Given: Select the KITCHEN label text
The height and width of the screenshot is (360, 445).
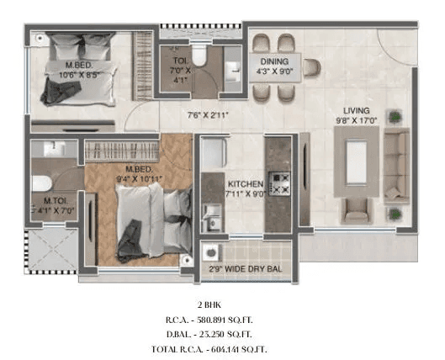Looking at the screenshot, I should [246, 183].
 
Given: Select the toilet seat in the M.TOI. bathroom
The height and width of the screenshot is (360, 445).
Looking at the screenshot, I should [40, 183].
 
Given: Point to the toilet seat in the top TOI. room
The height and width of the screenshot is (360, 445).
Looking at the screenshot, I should [199, 54].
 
